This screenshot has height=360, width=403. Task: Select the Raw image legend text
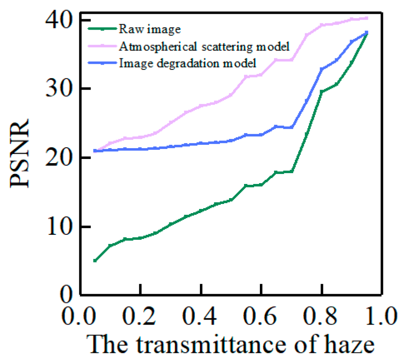[x=149, y=29]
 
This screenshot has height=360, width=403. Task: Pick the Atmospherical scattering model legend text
[x=204, y=46]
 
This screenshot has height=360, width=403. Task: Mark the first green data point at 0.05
[x=95, y=261]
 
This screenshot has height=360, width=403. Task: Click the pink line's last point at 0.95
[x=367, y=18]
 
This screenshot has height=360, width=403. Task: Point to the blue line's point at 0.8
[x=322, y=69]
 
